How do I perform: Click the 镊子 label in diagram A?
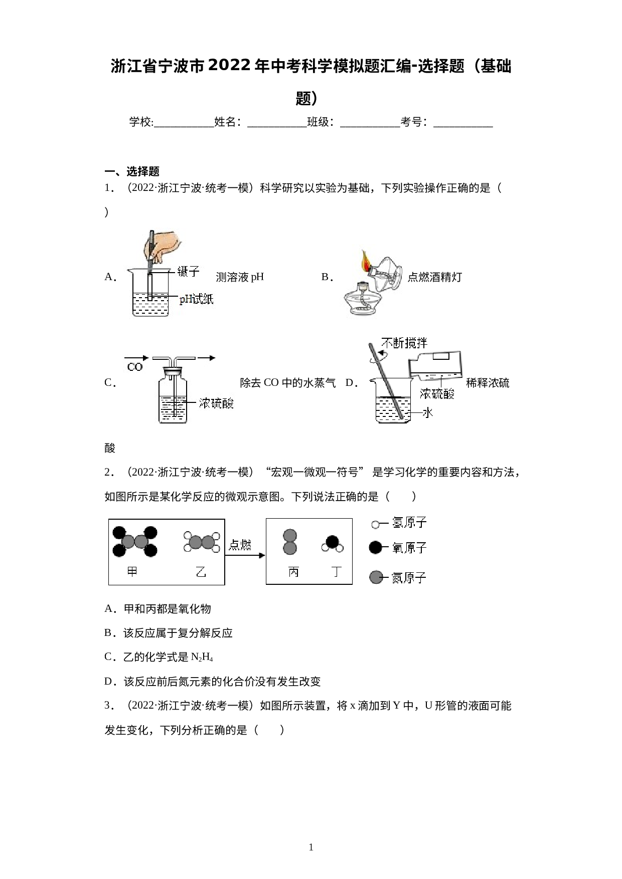point(189,272)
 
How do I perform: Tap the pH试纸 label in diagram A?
point(197,299)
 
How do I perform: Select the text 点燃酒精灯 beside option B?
point(434,277)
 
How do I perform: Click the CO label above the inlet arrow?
point(135,367)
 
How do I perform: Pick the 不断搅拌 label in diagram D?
point(404,343)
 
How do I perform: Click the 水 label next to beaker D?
point(427,412)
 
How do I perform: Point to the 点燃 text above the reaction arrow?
point(240,545)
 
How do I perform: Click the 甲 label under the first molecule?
point(132,571)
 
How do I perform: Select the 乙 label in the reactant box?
point(201,571)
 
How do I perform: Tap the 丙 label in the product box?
point(293,571)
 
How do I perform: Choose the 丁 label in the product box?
point(336,571)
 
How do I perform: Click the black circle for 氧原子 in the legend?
point(375,548)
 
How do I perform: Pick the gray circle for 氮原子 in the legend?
point(376,577)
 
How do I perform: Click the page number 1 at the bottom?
point(311,847)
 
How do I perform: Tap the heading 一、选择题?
point(132,171)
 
